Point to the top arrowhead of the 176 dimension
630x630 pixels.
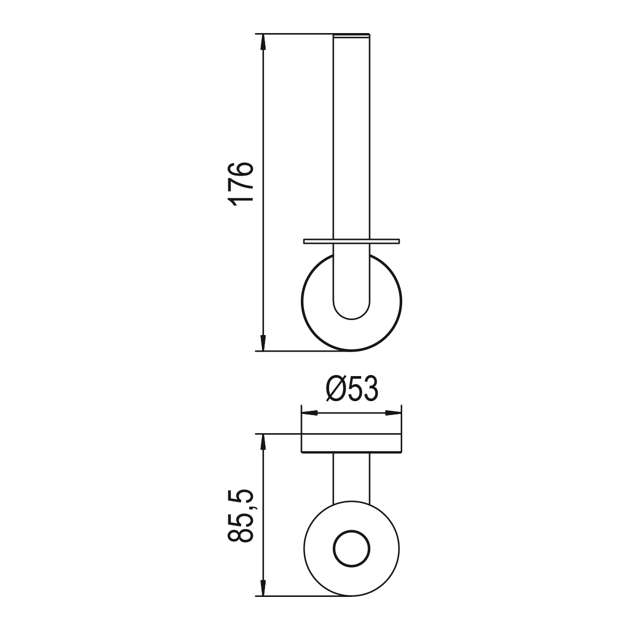click(x=263, y=42)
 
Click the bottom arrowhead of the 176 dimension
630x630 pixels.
click(x=263, y=342)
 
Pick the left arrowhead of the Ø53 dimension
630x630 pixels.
click(x=309, y=413)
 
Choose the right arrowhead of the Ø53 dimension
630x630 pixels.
click(x=393, y=413)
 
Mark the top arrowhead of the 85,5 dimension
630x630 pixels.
click(x=263, y=442)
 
